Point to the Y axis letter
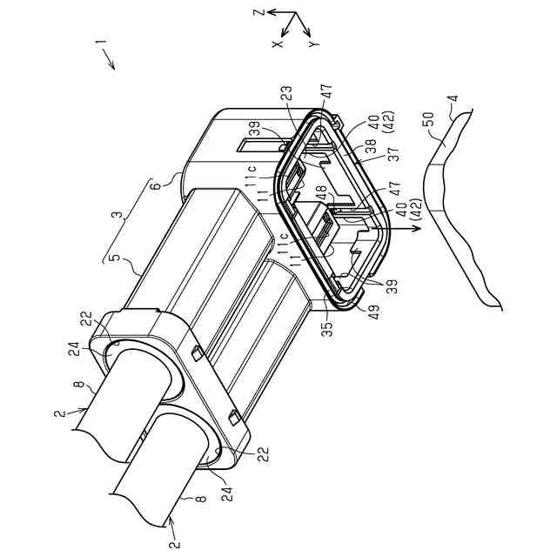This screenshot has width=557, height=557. (312, 42)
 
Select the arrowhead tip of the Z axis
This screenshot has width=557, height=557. (268, 14)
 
